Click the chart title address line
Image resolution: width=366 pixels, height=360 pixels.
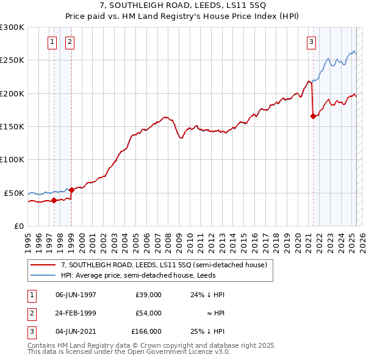pyautogui.click(x=183, y=7)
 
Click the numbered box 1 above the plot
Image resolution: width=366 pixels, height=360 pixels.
pyautogui.click(x=52, y=42)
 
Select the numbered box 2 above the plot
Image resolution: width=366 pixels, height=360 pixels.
pyautogui.click(x=70, y=42)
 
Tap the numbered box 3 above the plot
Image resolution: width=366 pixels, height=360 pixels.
pyautogui.click(x=311, y=42)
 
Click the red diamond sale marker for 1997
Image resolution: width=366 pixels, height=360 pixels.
pyautogui.click(x=54, y=200)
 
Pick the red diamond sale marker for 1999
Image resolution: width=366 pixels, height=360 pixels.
pyautogui.click(x=71, y=190)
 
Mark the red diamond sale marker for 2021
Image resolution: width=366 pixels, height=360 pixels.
pyautogui.click(x=313, y=116)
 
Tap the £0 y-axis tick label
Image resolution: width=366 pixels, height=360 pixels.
pyautogui.click(x=19, y=226)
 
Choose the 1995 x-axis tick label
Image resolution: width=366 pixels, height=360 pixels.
pyautogui.click(x=27, y=240)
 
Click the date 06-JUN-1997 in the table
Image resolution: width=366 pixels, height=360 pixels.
pyautogui.click(x=76, y=295)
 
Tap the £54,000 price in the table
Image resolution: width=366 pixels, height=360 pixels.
pyautogui.click(x=148, y=313)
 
